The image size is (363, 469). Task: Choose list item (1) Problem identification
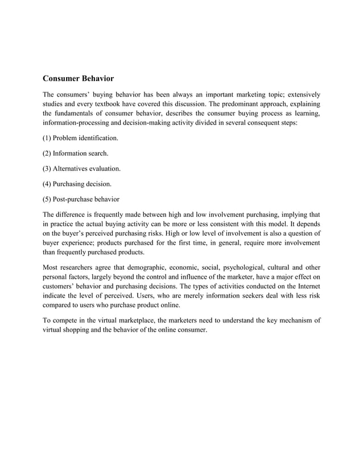tap(81, 138)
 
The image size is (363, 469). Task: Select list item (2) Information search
tap(76, 153)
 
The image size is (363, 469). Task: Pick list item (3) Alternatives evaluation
tap(81, 169)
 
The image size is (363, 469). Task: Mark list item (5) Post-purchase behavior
tap(81, 199)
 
